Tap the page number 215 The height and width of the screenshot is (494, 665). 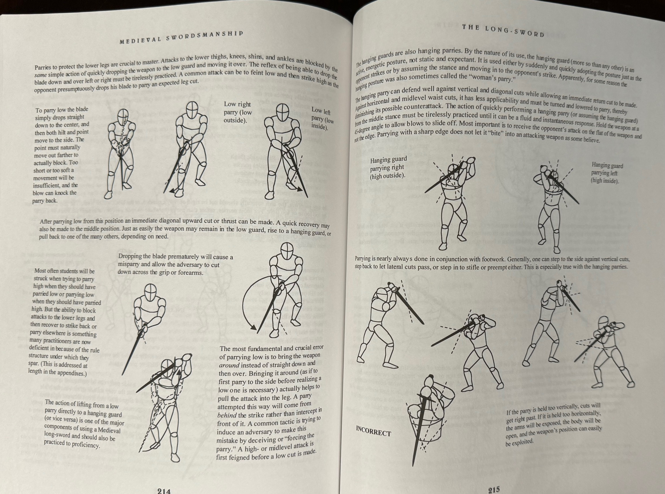(x=494, y=489)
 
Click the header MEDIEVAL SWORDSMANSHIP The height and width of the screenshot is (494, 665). (x=181, y=37)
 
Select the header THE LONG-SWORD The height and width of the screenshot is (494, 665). (x=503, y=31)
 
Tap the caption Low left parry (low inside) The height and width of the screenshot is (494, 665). (x=322, y=119)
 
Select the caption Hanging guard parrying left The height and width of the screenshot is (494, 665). (x=607, y=173)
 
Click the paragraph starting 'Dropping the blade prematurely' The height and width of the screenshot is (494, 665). (x=175, y=264)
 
